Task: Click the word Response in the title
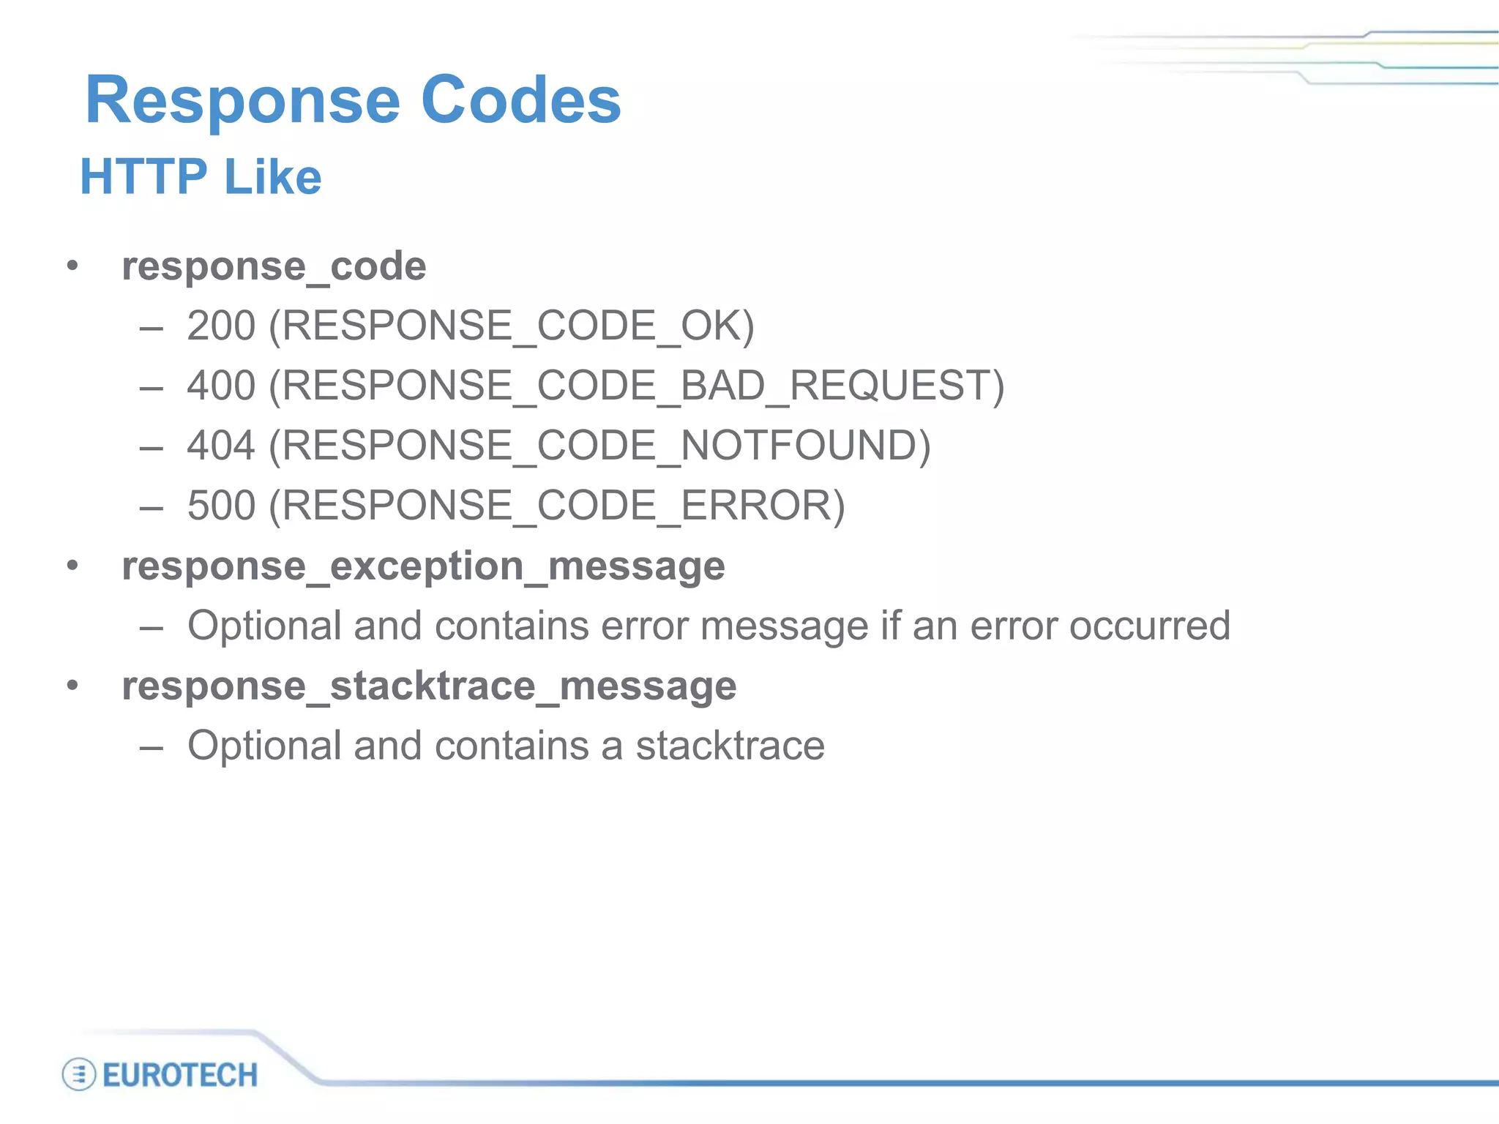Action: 242,100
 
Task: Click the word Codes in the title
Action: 520,100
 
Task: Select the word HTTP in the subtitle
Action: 143,176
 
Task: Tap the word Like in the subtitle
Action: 273,176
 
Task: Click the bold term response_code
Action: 274,266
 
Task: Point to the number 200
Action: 221,326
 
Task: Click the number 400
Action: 221,386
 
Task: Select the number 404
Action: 221,446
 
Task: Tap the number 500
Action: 221,506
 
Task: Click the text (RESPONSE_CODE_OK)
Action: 512,326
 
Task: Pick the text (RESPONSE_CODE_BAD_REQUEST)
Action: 637,386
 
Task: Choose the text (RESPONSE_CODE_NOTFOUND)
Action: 600,446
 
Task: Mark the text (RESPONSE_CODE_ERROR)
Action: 557,506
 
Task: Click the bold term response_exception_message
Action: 423,566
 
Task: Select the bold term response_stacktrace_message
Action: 429,686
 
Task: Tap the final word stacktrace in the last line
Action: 730,746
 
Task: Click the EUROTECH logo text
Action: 180,1076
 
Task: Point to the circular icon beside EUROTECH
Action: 79,1075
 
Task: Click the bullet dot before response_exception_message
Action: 72,566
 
